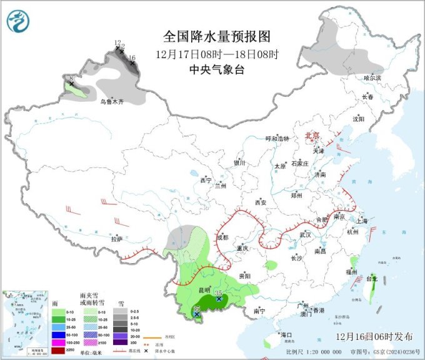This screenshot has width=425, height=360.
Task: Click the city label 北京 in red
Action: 311,136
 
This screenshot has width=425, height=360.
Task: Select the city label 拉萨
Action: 116,239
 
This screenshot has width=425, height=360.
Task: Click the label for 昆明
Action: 204,291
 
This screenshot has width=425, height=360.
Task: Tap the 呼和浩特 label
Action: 277,139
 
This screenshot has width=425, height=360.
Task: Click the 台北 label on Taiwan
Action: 372,279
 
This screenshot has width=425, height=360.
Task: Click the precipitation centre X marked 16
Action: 132,63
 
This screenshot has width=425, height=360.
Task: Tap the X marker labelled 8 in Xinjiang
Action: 72,84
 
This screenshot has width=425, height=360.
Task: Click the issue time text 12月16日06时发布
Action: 374,336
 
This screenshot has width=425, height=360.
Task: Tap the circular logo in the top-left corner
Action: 18,22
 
